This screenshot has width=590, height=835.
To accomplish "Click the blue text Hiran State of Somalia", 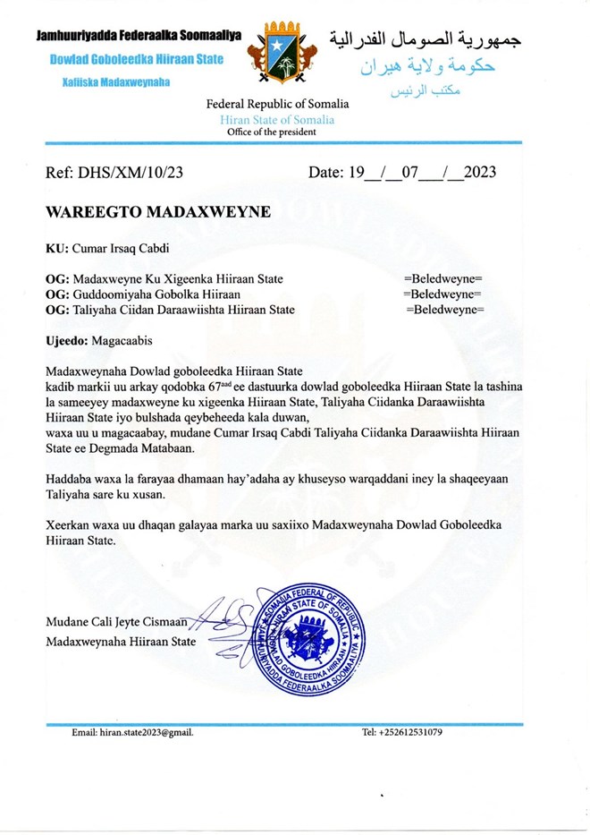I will (277, 119).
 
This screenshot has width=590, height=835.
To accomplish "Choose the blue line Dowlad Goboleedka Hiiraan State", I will (131, 60).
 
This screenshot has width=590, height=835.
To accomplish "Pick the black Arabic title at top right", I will (425, 38).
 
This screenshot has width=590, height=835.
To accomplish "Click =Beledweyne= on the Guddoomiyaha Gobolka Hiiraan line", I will (442, 294).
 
